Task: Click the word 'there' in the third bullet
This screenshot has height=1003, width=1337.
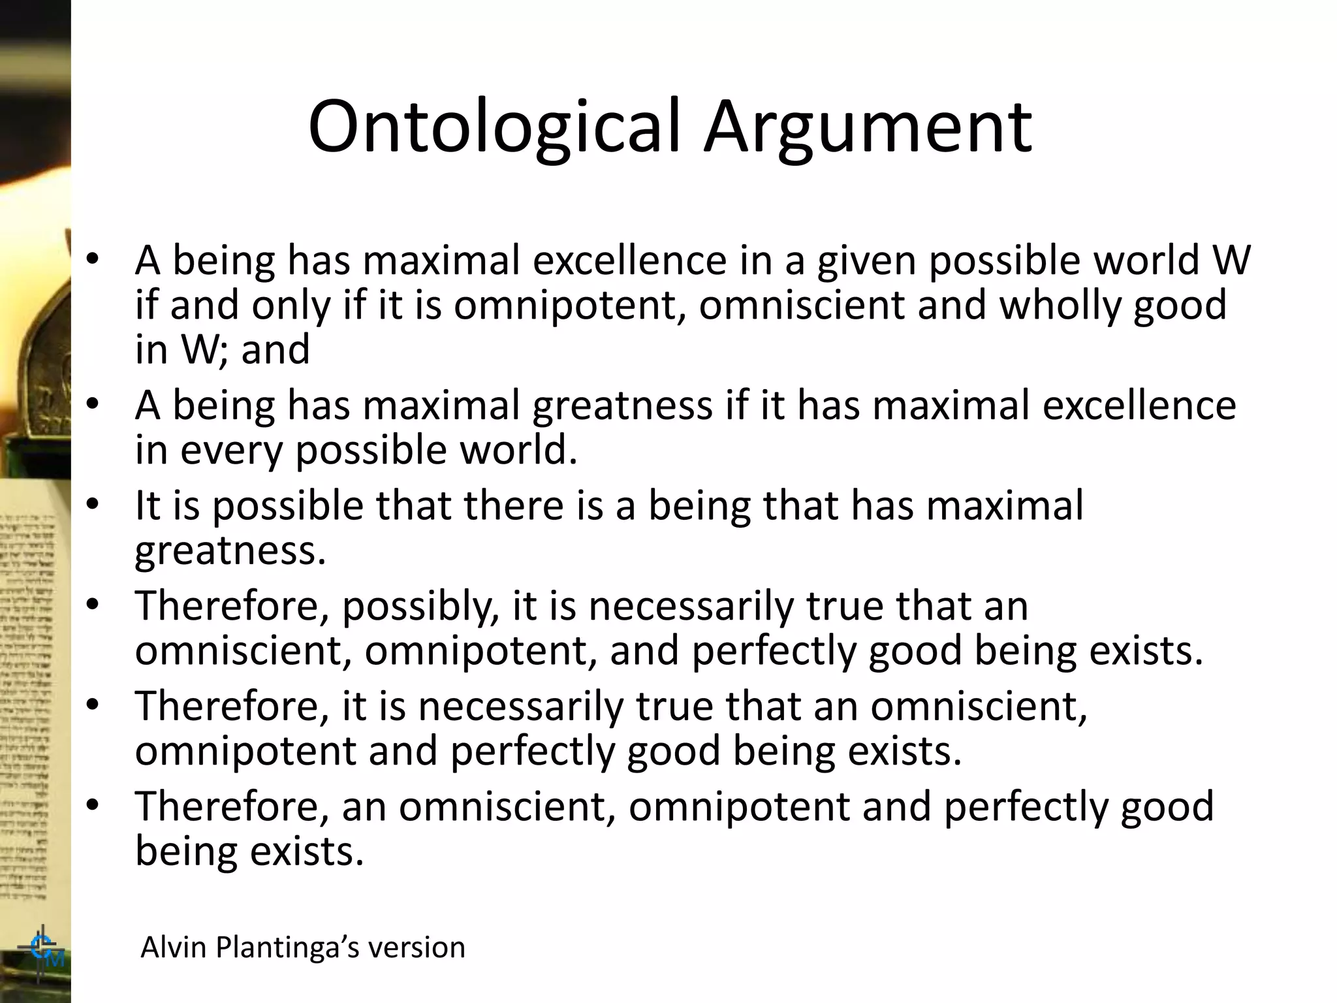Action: pyautogui.click(x=513, y=505)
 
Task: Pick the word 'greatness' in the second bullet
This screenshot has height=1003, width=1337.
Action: pyautogui.click(x=622, y=406)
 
